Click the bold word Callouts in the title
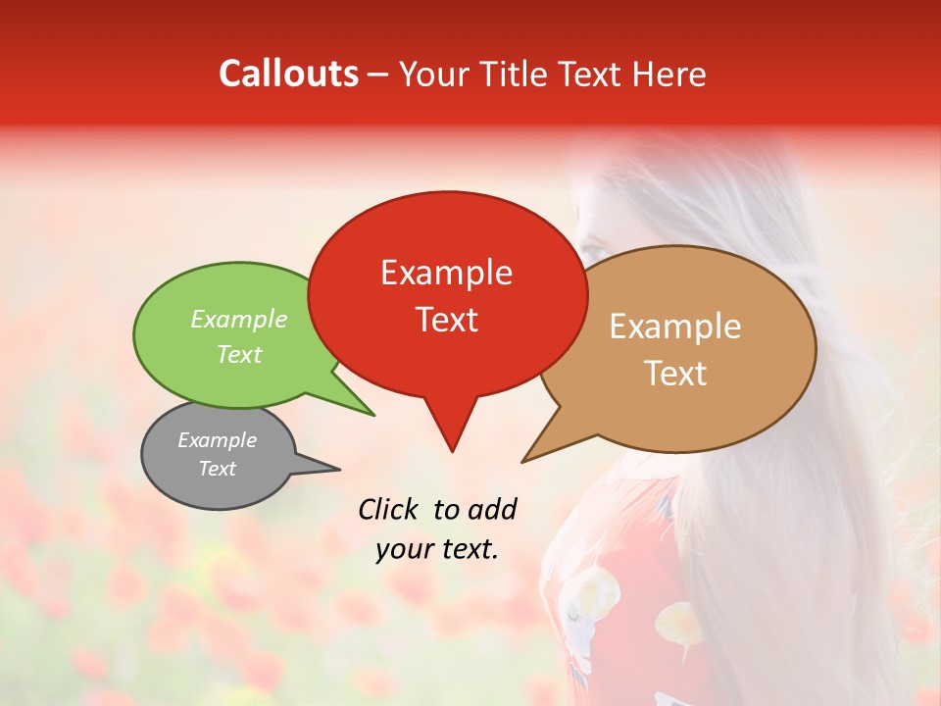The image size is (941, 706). point(288,74)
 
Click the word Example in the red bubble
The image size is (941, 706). point(447,272)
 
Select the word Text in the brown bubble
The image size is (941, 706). point(676,373)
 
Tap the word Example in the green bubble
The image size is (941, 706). point(239,319)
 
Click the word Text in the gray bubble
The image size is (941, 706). point(218,469)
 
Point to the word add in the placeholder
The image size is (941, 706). point(491,508)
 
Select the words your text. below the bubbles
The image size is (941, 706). point(437,549)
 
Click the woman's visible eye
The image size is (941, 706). point(592,249)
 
